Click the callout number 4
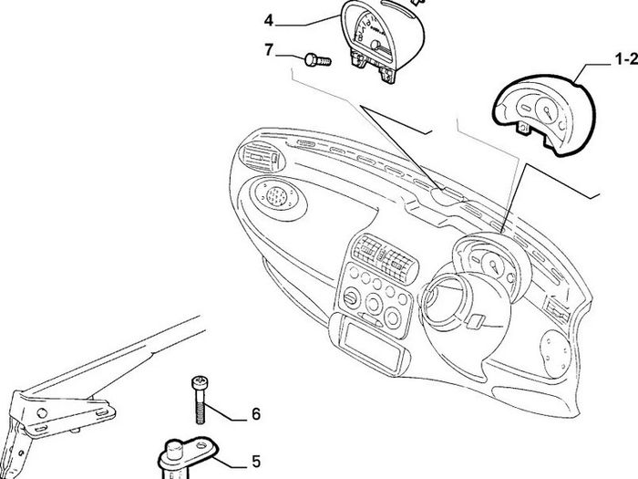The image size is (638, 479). [268, 20]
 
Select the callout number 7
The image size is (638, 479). [269, 50]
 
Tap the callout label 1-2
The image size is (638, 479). [626, 59]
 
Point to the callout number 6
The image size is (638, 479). [255, 414]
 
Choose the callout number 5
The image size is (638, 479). [255, 462]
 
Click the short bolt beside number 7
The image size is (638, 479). [317, 60]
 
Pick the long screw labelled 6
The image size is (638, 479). [199, 400]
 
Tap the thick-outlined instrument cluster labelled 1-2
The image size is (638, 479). [543, 115]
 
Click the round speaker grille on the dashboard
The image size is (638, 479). [277, 195]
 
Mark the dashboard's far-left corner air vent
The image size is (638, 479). [261, 158]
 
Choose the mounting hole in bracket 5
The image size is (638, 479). [201, 445]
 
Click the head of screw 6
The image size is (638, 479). [199, 382]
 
